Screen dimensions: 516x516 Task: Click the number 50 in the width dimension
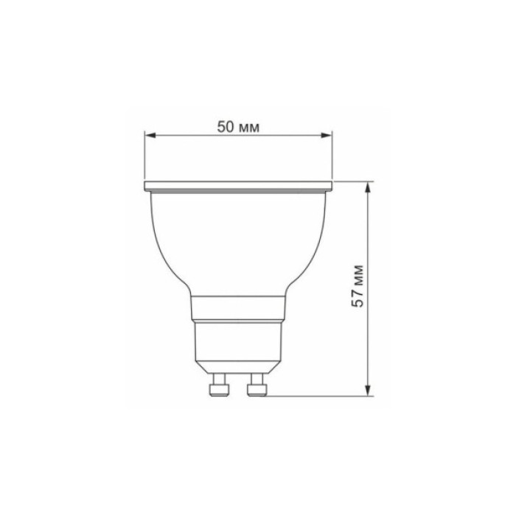(x=226, y=127)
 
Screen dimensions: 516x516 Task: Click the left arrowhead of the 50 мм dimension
(x=149, y=135)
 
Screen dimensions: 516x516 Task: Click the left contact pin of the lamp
(x=217, y=384)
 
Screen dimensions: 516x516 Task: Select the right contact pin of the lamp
(x=257, y=384)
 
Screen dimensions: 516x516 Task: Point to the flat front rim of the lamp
(x=238, y=184)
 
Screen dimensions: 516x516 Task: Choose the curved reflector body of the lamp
(x=238, y=236)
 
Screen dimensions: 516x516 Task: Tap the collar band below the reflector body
(x=238, y=307)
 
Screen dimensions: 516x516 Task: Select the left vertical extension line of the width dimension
(x=144, y=155)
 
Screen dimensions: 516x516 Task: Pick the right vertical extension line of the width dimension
(x=332, y=155)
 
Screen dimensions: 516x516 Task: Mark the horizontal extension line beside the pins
(x=317, y=395)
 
